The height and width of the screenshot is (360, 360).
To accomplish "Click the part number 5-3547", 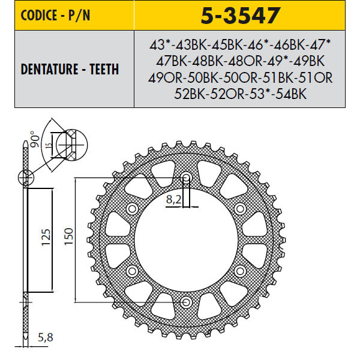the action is pyautogui.click(x=241, y=15).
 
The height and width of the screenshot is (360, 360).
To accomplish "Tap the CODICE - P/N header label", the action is pyautogui.click(x=55, y=15).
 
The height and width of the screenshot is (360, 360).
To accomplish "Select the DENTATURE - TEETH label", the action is pyautogui.click(x=70, y=69).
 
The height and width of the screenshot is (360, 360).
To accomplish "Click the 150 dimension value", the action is pyautogui.click(x=68, y=236).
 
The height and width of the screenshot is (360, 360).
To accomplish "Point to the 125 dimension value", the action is pyautogui.click(x=46, y=237).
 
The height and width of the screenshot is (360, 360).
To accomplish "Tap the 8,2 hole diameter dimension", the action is pyautogui.click(x=174, y=200).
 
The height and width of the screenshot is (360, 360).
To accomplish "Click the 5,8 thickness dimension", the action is pyautogui.click(x=45, y=337).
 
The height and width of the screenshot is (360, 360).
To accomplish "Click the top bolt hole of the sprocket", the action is pyautogui.click(x=186, y=178).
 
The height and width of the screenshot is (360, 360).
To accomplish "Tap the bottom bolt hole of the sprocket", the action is pyautogui.click(x=186, y=302).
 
